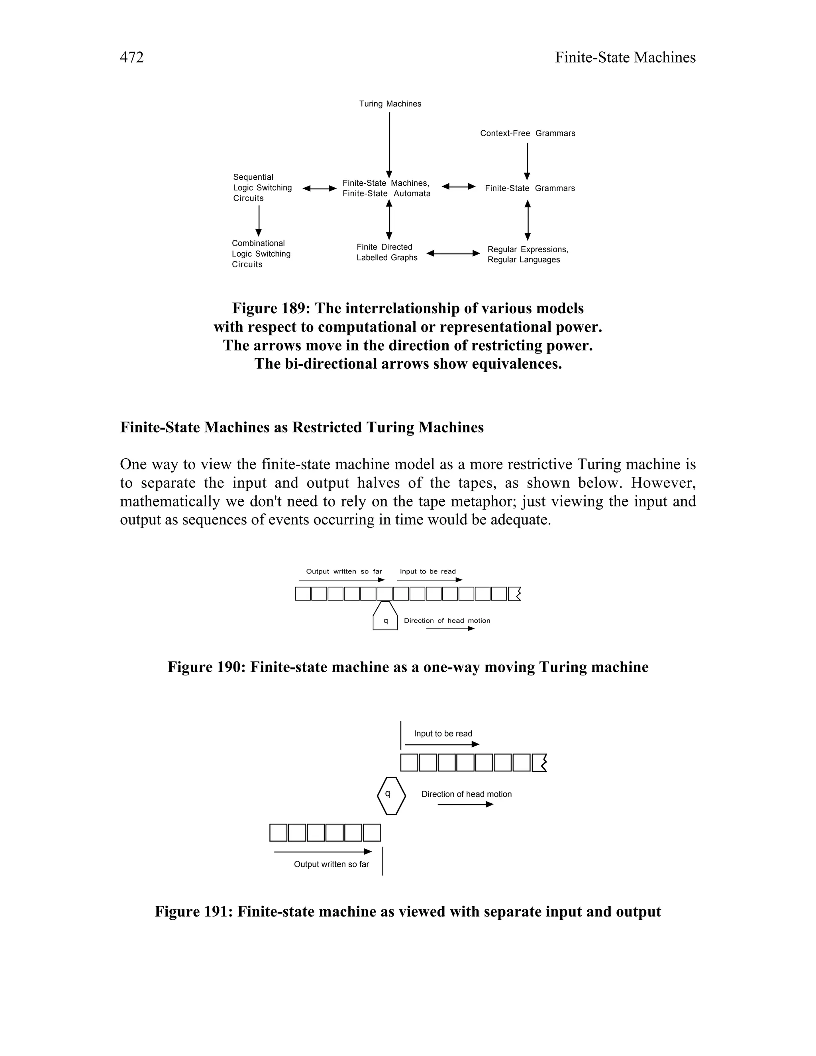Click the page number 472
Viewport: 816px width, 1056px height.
click(x=131, y=57)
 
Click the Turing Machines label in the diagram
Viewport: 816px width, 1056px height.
click(x=390, y=104)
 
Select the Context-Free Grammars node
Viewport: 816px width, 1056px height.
click(x=528, y=133)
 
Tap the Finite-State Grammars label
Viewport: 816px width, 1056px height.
click(x=530, y=188)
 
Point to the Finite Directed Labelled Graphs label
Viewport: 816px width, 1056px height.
click(x=387, y=252)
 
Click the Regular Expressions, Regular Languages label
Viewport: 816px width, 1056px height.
click(x=528, y=255)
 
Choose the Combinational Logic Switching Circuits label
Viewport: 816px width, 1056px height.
click(x=261, y=254)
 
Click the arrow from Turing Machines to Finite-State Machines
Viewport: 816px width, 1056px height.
click(x=390, y=145)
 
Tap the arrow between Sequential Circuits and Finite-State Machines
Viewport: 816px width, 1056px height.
click(x=319, y=188)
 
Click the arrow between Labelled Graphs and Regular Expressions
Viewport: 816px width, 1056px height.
click(x=453, y=253)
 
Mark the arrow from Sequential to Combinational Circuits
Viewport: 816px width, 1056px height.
click(x=259, y=221)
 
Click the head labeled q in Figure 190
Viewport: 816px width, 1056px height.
click(x=385, y=617)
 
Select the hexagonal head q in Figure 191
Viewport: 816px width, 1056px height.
click(x=391, y=796)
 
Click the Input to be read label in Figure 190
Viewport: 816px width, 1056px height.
click(x=428, y=571)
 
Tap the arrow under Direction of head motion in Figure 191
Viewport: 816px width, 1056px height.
click(x=465, y=804)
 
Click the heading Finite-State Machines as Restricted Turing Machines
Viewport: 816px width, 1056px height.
click(x=302, y=428)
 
